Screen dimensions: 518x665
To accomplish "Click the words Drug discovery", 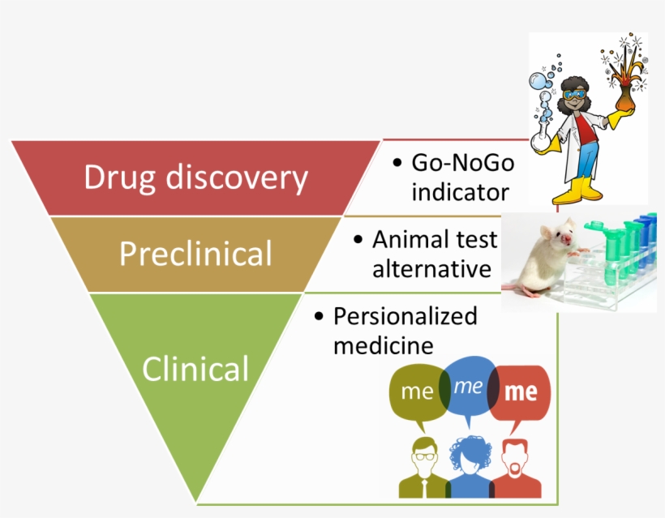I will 195,178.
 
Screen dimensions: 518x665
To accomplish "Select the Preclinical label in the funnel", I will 195,254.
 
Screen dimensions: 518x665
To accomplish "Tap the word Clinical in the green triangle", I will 195,369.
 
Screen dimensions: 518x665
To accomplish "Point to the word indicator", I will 460,192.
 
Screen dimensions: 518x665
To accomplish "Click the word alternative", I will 431,268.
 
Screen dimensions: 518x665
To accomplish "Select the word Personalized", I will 405,316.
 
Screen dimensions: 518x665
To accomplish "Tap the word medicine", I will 383,345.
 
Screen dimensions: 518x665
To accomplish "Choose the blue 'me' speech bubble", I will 467,387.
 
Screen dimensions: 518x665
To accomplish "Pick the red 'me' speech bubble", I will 521,393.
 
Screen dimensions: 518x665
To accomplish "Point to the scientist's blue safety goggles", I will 577,93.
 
